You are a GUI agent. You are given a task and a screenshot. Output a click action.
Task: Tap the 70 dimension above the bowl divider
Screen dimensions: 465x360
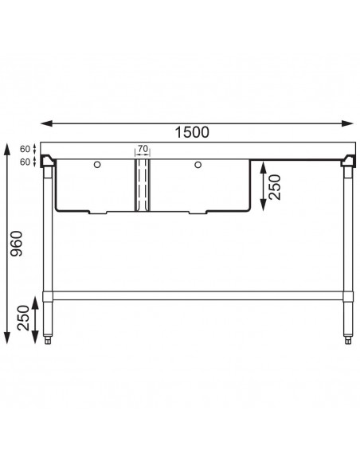click(143, 149)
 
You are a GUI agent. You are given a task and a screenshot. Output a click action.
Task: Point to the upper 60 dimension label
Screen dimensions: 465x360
click(25, 148)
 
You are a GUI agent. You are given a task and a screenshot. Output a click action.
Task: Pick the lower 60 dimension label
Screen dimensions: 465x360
click(25, 162)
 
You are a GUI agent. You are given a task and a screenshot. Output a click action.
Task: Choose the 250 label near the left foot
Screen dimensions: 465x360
click(22, 319)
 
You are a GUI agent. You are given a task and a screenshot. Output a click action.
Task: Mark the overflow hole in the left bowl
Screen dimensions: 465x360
click(97, 166)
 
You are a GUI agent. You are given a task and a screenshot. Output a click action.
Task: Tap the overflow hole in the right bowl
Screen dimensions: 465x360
click(196, 166)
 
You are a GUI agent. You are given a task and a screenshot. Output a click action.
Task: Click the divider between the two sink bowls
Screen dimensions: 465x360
click(143, 185)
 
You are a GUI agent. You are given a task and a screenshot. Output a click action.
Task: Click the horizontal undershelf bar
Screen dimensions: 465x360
click(200, 295)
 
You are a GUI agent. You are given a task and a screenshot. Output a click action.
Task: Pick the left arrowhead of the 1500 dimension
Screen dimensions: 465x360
click(45, 123)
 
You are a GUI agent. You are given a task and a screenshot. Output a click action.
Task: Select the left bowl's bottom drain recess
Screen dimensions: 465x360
click(100, 213)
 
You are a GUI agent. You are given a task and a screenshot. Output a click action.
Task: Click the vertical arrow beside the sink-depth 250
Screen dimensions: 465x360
click(264, 189)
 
